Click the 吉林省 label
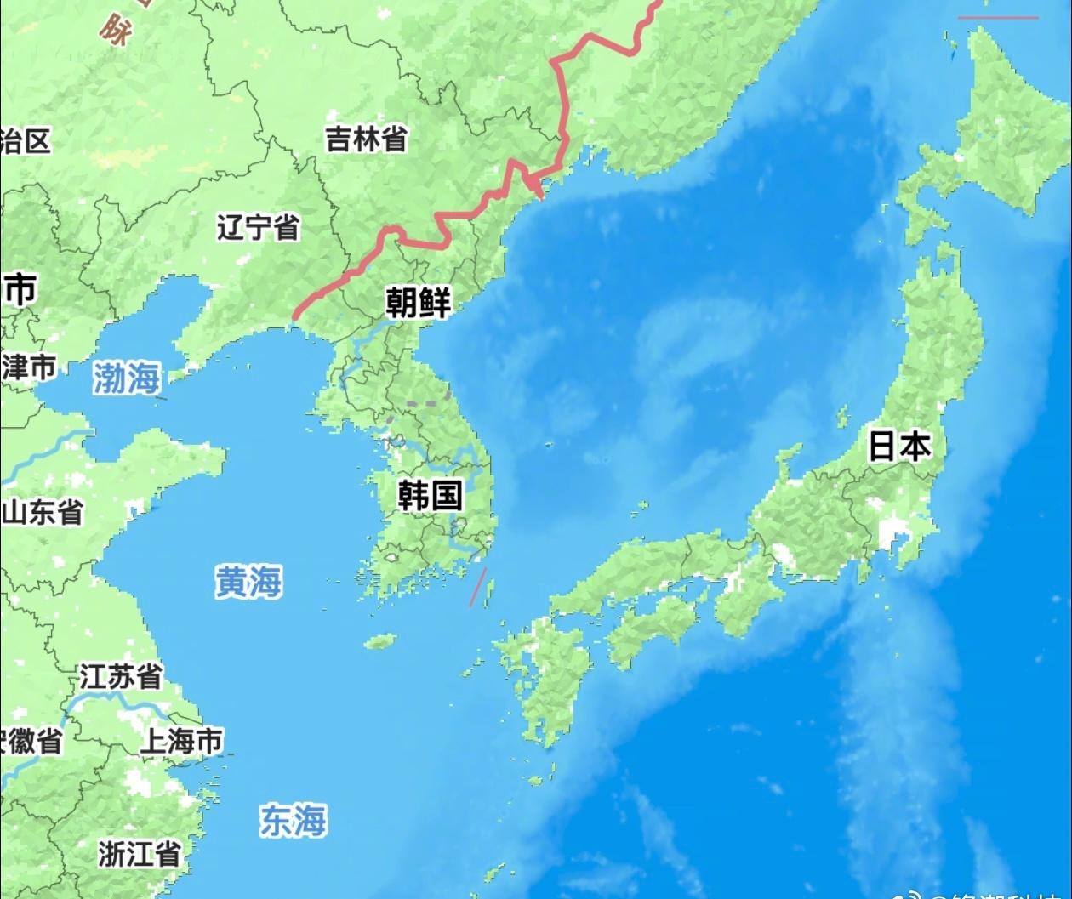click(366, 139)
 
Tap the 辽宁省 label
click(257, 227)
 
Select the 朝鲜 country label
click(418, 301)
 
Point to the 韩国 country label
click(431, 494)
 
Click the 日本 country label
click(899, 446)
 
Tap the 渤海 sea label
click(127, 378)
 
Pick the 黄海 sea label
click(248, 583)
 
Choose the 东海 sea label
click(293, 821)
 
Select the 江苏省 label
click(121, 677)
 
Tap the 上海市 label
click(181, 740)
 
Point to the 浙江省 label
click(139, 853)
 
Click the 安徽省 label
click(31, 740)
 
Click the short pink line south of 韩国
click(479, 587)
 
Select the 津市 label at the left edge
click(28, 367)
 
